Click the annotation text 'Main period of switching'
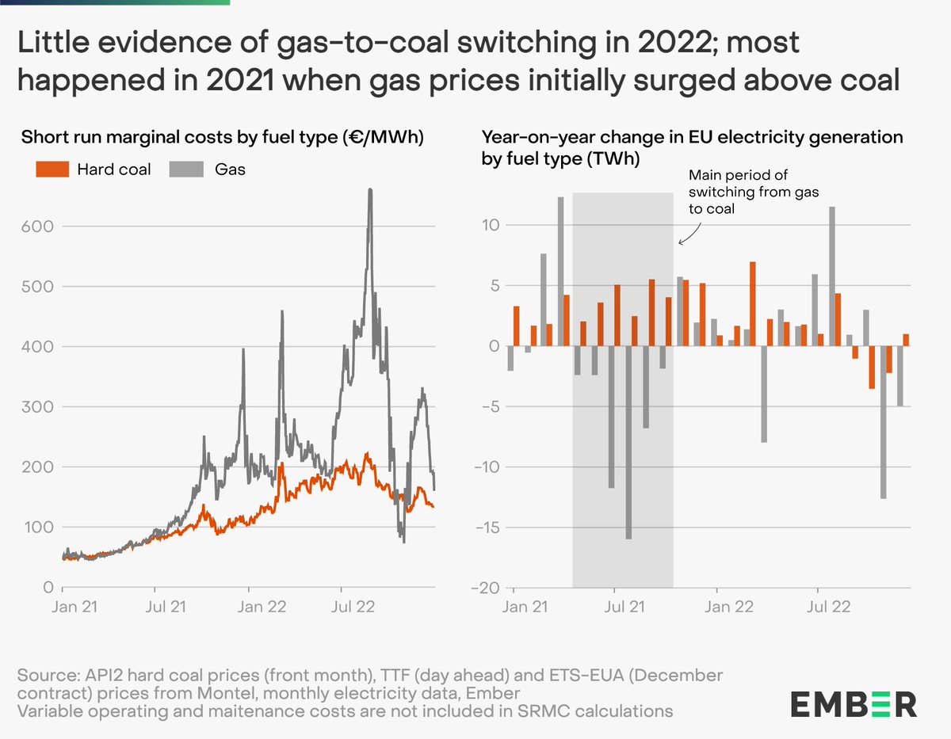(737, 183)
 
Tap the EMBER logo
(853, 703)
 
